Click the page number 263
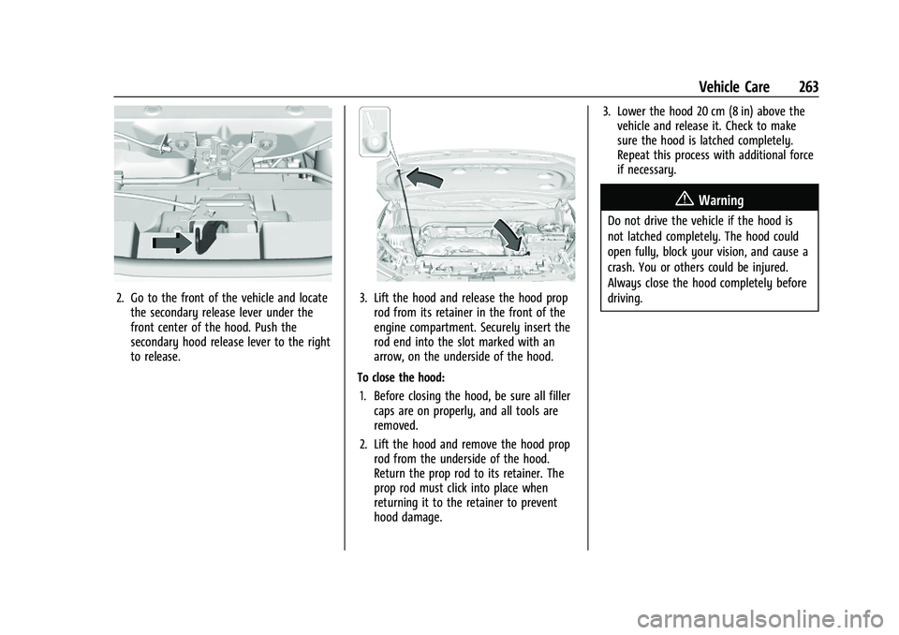(x=808, y=87)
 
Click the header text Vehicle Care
(x=734, y=87)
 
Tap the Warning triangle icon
(x=687, y=199)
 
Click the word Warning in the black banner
(x=721, y=200)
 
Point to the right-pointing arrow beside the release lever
(x=171, y=242)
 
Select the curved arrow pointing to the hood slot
(x=424, y=178)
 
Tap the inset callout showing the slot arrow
(x=375, y=131)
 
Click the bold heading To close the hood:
(x=401, y=378)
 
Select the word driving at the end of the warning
(x=625, y=299)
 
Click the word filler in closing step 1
(x=558, y=396)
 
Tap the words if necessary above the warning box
(x=647, y=170)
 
